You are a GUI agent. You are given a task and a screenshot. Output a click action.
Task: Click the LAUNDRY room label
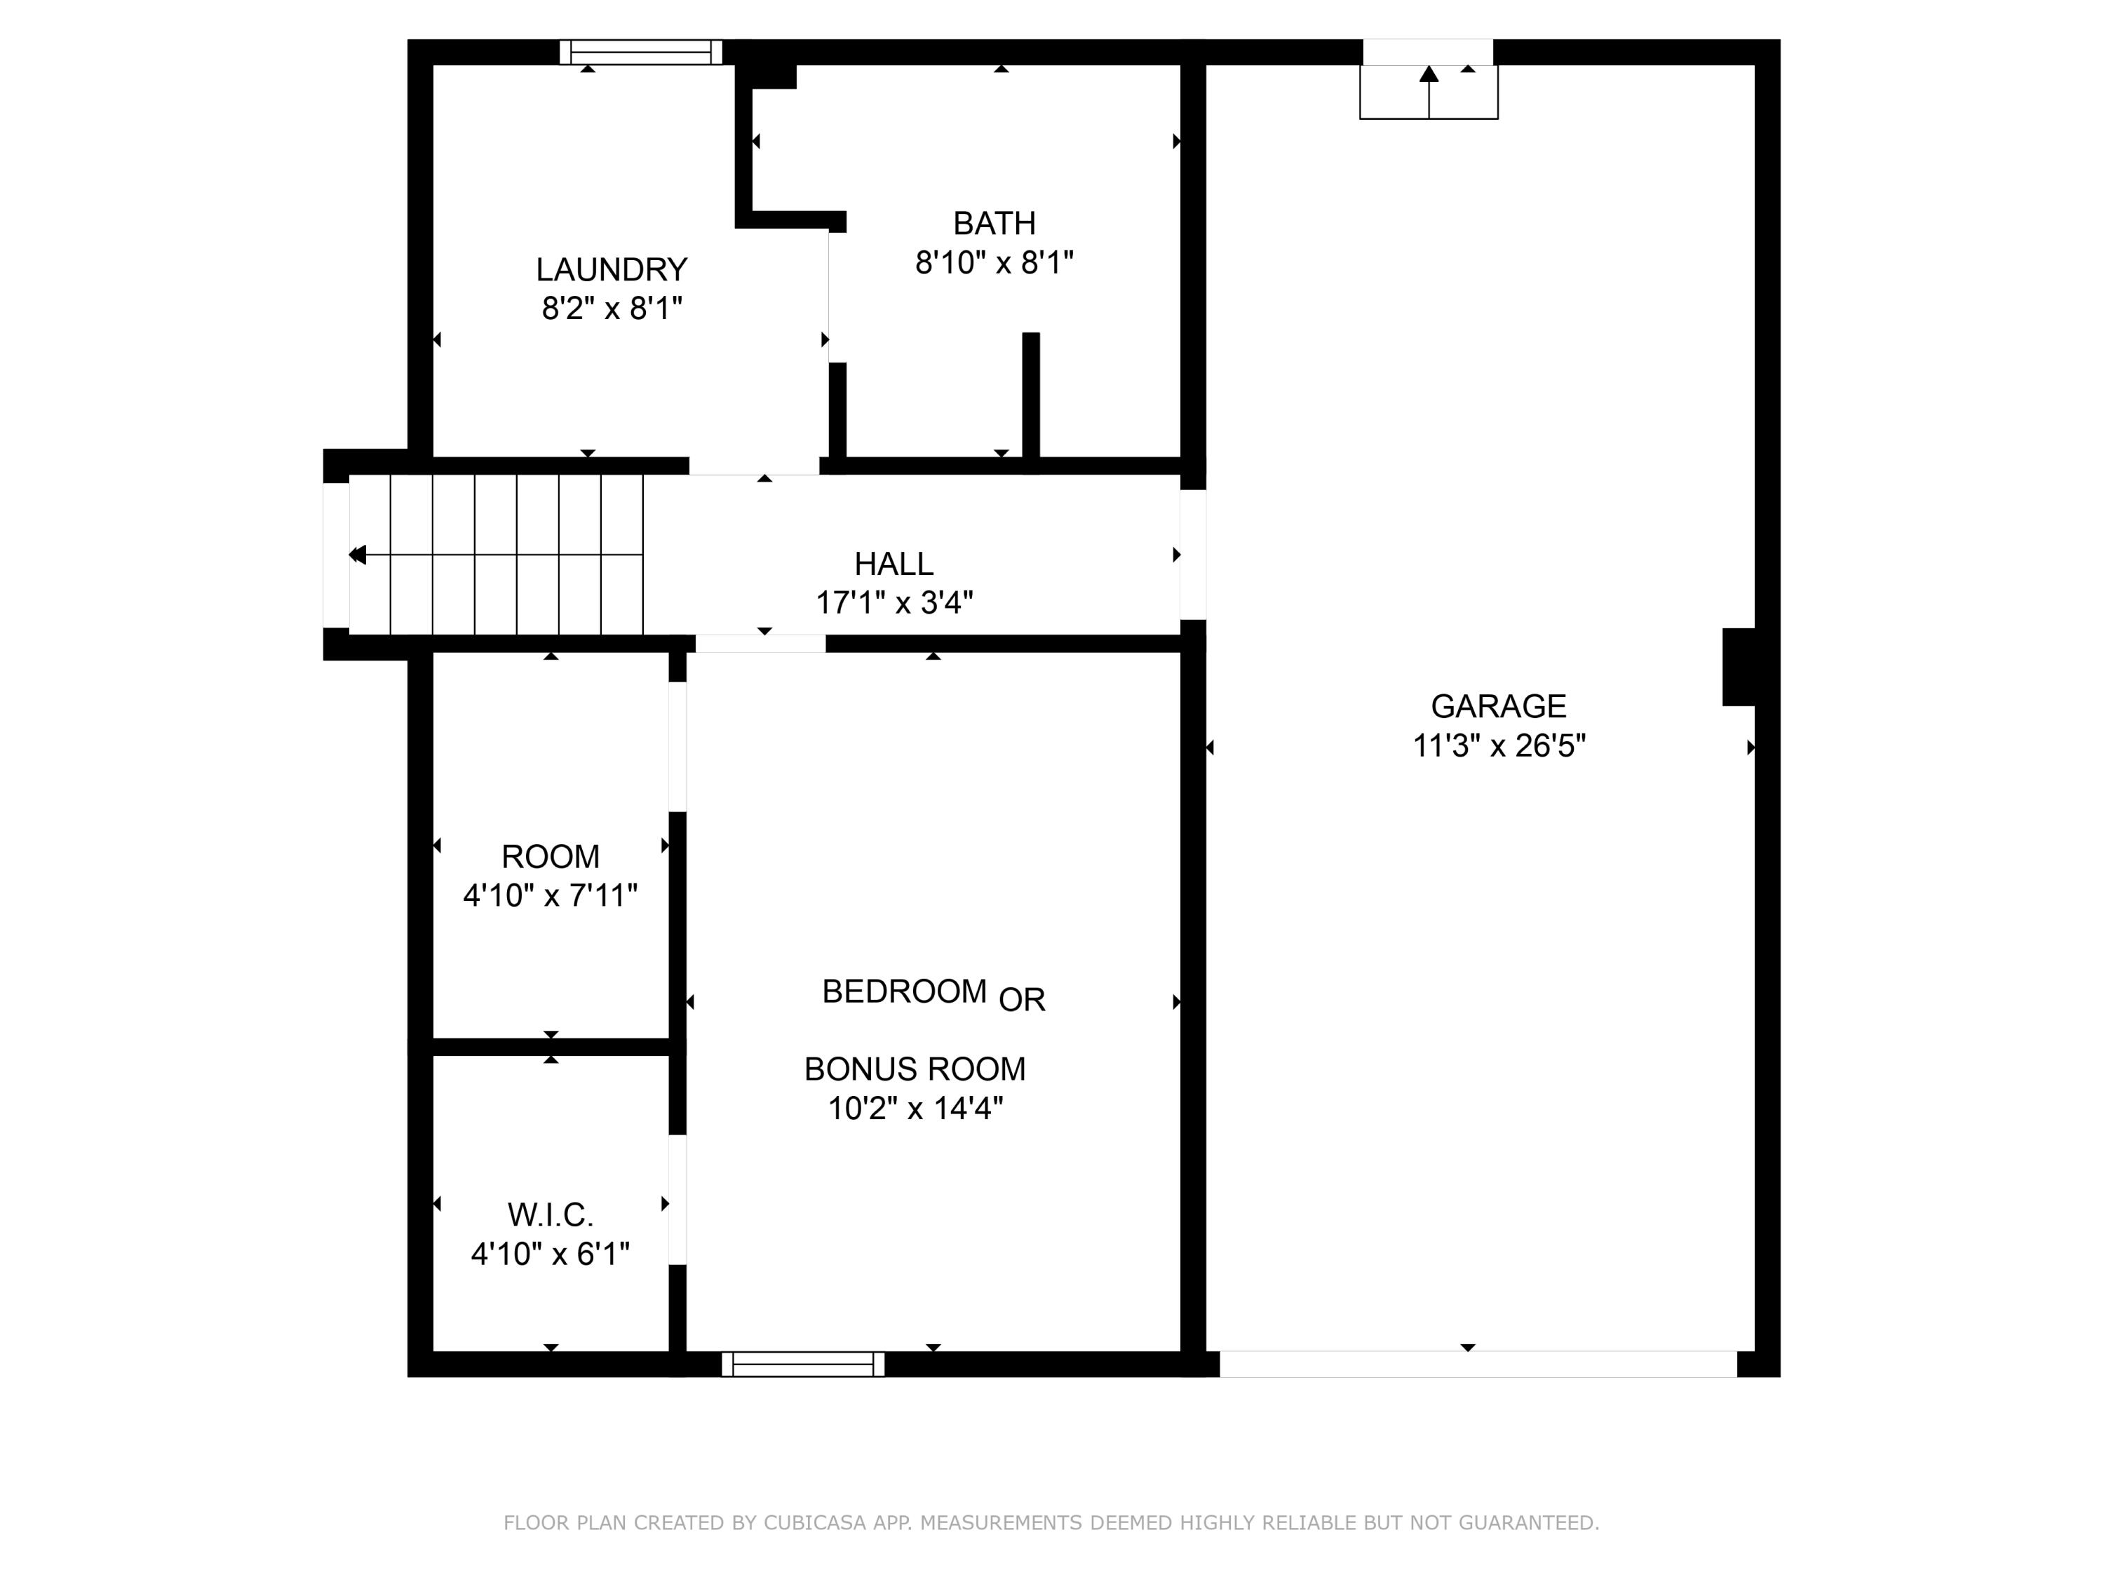(611, 269)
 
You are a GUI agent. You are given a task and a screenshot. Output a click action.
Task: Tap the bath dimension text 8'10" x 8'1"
(994, 262)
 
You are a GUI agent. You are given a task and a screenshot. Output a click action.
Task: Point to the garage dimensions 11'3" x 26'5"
(1498, 745)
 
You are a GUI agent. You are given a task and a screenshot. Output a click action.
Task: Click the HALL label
(893, 564)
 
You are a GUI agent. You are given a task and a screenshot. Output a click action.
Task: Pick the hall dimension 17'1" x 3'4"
(893, 603)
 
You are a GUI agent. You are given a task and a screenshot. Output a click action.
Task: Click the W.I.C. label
(550, 1214)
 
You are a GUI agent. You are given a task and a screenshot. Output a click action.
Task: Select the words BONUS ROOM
(914, 1069)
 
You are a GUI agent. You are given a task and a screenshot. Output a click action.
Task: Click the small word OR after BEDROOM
(1022, 1000)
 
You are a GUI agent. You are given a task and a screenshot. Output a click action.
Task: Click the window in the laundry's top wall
(640, 53)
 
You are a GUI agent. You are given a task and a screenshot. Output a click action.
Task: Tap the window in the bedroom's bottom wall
(803, 1364)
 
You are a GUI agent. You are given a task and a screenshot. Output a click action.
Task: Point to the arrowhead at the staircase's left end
(358, 555)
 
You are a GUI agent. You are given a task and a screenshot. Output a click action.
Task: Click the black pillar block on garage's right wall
(1738, 667)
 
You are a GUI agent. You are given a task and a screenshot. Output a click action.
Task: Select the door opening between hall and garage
(1193, 555)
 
